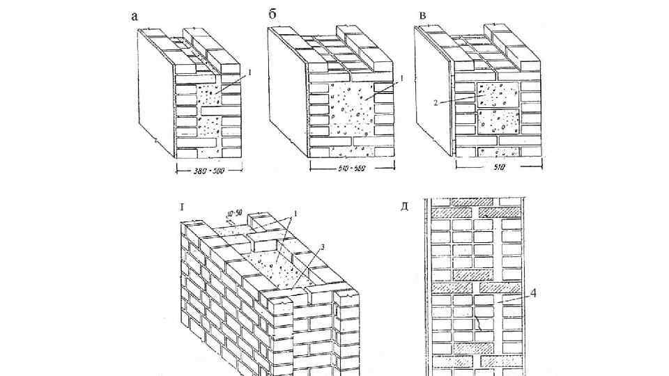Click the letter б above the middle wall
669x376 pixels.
click(272, 13)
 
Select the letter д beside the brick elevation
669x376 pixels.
click(403, 206)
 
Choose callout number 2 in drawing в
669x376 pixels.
click(434, 103)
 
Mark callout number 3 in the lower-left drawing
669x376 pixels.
click(321, 246)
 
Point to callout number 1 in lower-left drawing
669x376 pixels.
click(295, 212)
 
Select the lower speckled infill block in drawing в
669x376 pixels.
click(498, 121)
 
